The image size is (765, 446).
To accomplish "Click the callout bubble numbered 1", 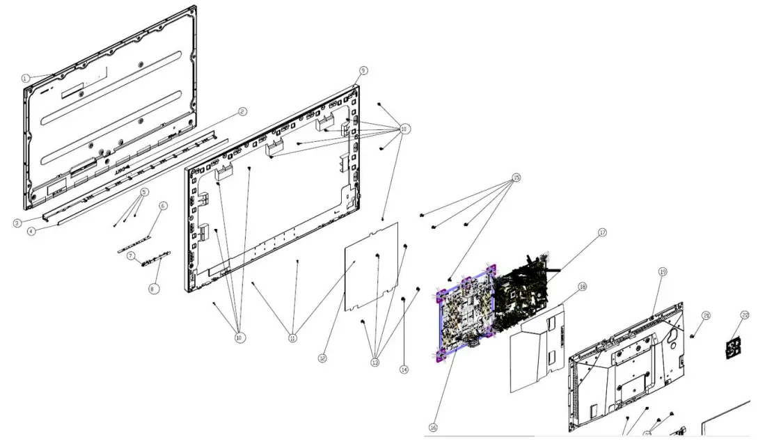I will tap(26, 79).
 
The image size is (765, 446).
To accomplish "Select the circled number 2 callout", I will tap(242, 111).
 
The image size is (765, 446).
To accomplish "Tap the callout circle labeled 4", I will tap(31, 232).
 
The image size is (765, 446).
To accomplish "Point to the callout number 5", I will tap(144, 192).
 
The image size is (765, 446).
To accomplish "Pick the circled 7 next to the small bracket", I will tap(130, 256).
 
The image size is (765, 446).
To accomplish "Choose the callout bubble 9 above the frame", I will tap(363, 71).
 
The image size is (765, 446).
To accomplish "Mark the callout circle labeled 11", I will tap(292, 338).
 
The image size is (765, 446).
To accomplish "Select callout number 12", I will tap(322, 358).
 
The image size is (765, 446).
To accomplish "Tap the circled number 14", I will tap(404, 370).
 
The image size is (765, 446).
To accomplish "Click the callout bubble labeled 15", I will tap(516, 177).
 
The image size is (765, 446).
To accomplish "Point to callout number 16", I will tap(433, 427).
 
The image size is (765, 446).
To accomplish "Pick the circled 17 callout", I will tap(602, 232).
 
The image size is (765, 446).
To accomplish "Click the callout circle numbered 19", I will tap(662, 271).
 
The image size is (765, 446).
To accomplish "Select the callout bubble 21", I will tap(706, 316).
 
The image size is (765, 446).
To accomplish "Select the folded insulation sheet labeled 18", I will tap(536, 351).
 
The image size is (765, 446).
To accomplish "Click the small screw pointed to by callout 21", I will tap(693, 335).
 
